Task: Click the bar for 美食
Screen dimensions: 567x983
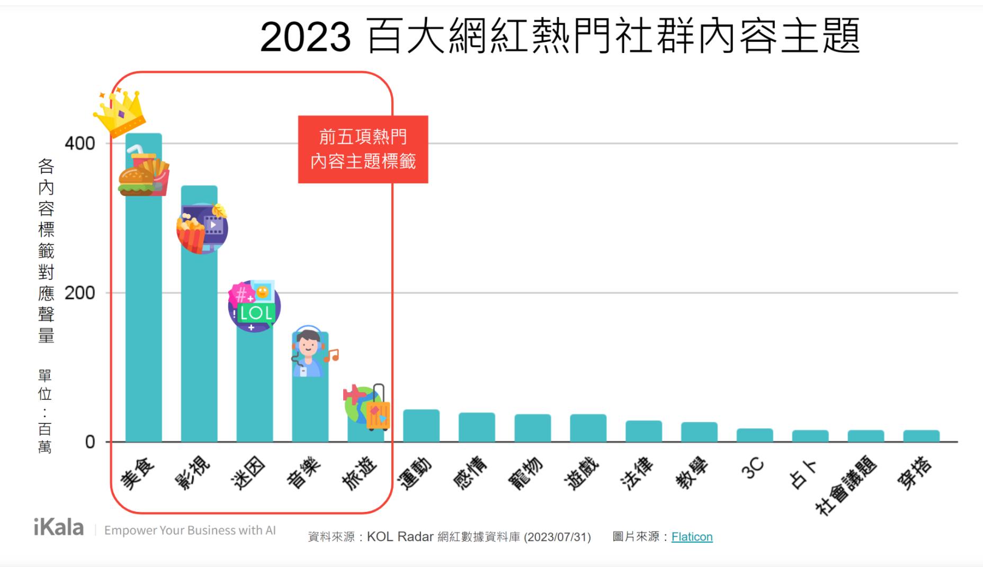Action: [x=144, y=318]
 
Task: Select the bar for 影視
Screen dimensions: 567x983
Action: [x=199, y=344]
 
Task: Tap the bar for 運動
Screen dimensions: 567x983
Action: [x=421, y=426]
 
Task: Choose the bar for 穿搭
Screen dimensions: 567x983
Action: [x=921, y=436]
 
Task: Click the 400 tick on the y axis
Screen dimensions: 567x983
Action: [x=79, y=143]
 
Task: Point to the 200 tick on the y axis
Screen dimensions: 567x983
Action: [x=79, y=293]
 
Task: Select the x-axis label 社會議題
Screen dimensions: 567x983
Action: [x=846, y=485]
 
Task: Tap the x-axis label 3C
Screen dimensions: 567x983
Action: [x=753, y=468]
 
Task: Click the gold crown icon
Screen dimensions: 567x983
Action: [x=120, y=112]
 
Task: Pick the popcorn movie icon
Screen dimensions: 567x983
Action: [x=202, y=228]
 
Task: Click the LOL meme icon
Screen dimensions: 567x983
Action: [x=254, y=306]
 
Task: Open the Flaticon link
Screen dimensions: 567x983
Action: [x=692, y=537]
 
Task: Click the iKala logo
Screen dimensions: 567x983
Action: [x=59, y=528]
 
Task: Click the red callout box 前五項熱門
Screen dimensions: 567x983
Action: [x=363, y=149]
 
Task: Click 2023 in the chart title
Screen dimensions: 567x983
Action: [x=305, y=37]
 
